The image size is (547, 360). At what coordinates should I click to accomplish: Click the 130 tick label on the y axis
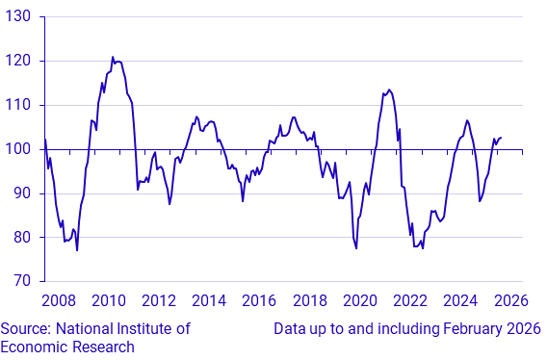(19, 16)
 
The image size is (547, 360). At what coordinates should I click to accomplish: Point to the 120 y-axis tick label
(19, 61)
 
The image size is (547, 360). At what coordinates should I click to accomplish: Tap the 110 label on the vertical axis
(19, 105)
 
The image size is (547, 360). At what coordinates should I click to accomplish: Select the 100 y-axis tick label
(19, 149)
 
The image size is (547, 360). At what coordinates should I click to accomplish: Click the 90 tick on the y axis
(22, 193)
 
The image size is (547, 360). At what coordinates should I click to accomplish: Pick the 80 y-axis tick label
(22, 238)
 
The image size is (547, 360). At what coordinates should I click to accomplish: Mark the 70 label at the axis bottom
(22, 281)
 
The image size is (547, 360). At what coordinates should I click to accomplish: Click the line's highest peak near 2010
(113, 57)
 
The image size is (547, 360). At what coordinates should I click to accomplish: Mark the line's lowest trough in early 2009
(77, 250)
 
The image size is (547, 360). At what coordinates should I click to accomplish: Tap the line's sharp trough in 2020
(356, 248)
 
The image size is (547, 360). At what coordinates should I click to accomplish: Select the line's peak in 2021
(388, 90)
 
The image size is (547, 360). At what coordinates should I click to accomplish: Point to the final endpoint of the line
(502, 138)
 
